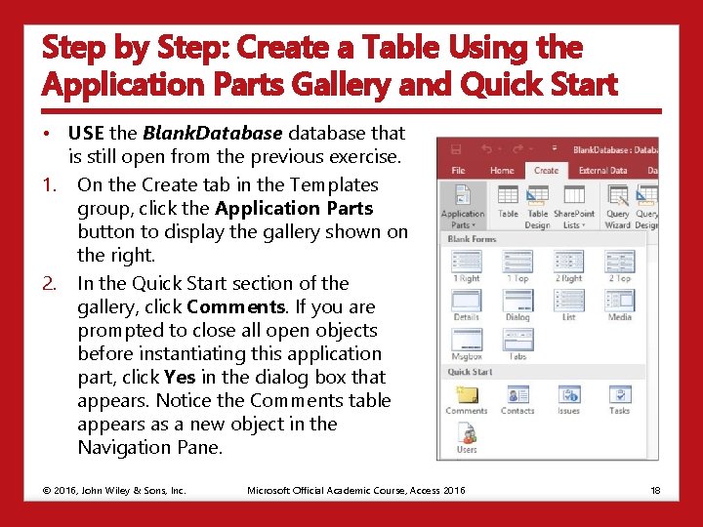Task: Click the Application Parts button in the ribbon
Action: pos(462,205)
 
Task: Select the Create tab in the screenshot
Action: pos(546,171)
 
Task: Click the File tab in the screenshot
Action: pos(458,171)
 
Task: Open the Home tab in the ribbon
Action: pos(502,171)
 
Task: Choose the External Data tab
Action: pos(602,171)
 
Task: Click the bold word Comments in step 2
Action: pos(227,306)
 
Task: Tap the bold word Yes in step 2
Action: pos(179,377)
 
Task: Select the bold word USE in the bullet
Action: pos(86,133)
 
